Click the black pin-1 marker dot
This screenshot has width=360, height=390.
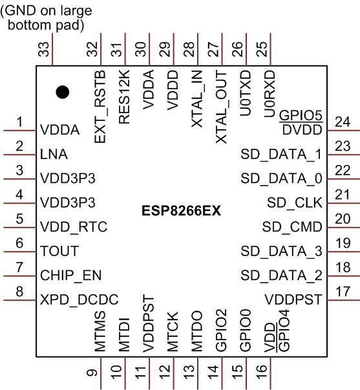(62, 92)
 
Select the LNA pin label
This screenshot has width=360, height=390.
(54, 155)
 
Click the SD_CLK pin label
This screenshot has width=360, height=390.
(294, 202)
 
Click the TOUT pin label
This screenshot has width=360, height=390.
(59, 251)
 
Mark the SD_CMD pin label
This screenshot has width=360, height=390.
(291, 227)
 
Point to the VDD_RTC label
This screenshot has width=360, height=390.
(72, 226)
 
